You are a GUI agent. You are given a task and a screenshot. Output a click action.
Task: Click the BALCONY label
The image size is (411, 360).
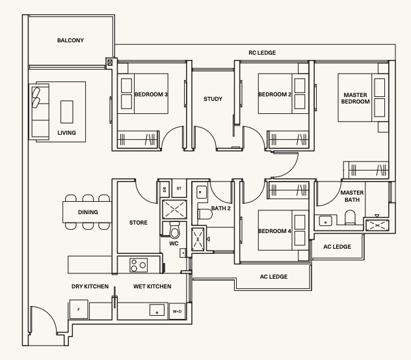(70, 40)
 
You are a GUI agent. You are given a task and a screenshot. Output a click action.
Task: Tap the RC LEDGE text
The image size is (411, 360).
(262, 53)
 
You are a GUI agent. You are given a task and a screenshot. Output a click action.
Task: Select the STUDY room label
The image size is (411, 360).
(213, 99)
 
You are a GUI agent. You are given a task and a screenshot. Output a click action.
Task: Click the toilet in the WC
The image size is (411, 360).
(174, 230)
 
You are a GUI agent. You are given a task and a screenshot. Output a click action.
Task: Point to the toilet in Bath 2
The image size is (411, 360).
(205, 214)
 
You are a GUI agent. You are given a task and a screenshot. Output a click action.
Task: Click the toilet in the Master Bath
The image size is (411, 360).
(350, 217)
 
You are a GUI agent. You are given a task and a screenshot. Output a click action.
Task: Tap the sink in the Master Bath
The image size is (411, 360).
(325, 221)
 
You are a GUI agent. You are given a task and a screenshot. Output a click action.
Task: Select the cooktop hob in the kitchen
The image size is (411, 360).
(139, 265)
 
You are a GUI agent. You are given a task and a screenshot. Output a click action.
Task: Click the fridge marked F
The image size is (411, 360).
(79, 309)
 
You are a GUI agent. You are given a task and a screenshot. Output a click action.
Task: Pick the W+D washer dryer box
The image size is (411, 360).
(177, 311)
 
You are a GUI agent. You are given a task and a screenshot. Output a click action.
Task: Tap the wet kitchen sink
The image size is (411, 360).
(157, 310)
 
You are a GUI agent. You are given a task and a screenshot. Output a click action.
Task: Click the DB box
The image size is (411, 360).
(165, 189)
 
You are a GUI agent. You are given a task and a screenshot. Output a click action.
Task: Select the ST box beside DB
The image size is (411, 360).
(179, 188)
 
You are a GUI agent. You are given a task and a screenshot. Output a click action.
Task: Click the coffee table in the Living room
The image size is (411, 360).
(67, 112)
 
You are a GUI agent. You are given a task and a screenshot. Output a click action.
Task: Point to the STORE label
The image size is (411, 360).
(139, 223)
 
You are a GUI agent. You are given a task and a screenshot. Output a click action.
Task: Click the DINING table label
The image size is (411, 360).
(88, 212)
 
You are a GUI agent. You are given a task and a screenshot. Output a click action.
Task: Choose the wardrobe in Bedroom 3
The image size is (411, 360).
(138, 139)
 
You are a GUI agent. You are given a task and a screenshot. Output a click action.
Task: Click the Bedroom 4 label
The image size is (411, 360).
(274, 231)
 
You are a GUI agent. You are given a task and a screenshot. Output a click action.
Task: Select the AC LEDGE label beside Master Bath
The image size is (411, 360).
(337, 247)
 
